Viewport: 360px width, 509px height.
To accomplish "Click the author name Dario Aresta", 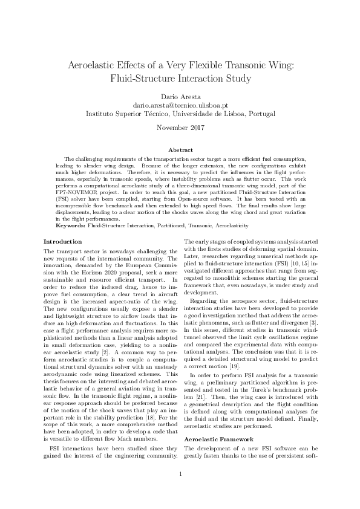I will (x=180, y=96).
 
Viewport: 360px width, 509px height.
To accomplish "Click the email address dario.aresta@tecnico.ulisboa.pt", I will (x=180, y=105).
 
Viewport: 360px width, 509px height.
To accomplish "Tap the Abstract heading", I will (x=180, y=149).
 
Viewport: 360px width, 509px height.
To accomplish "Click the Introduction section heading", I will (x=63, y=242).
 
